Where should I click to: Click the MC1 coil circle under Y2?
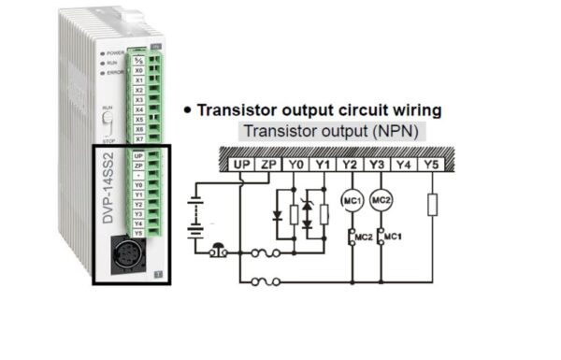pos(352,200)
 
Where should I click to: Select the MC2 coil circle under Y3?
pos(381,200)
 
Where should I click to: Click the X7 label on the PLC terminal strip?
pos(138,138)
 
